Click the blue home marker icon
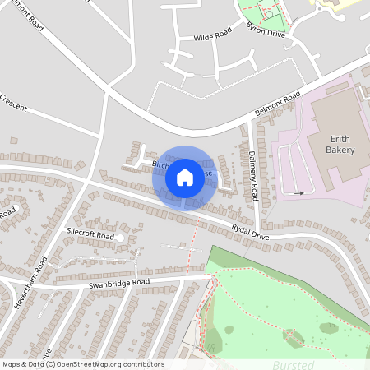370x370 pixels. coord(185,177)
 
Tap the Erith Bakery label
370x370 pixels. coord(340,145)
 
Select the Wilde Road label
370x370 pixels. coord(212,36)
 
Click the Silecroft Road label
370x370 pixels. coord(90,234)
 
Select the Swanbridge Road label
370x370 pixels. coord(118,283)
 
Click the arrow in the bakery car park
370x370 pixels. coord(298,192)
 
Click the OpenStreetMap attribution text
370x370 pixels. coord(83,363)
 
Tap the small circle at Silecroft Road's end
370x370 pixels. coord(120,238)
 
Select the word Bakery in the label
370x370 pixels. coord(340,150)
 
